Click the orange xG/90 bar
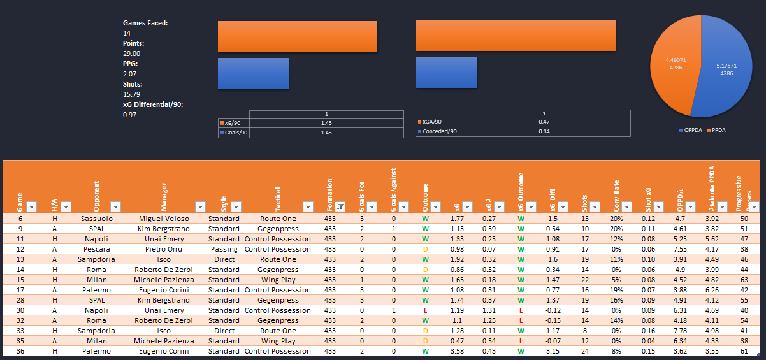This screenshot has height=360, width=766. [x=297, y=36]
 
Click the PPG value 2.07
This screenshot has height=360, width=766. [x=130, y=74]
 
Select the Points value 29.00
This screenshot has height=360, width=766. [x=132, y=54]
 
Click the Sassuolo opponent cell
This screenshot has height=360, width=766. [x=98, y=219]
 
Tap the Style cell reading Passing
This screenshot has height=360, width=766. [x=224, y=249]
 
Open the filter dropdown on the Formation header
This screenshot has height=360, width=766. [x=340, y=206]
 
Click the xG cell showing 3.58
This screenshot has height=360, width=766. [x=456, y=351]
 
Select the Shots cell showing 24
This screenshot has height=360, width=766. [x=584, y=351]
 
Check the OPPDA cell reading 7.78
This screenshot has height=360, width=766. [x=680, y=331]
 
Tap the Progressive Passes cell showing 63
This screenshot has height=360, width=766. [x=744, y=280]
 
